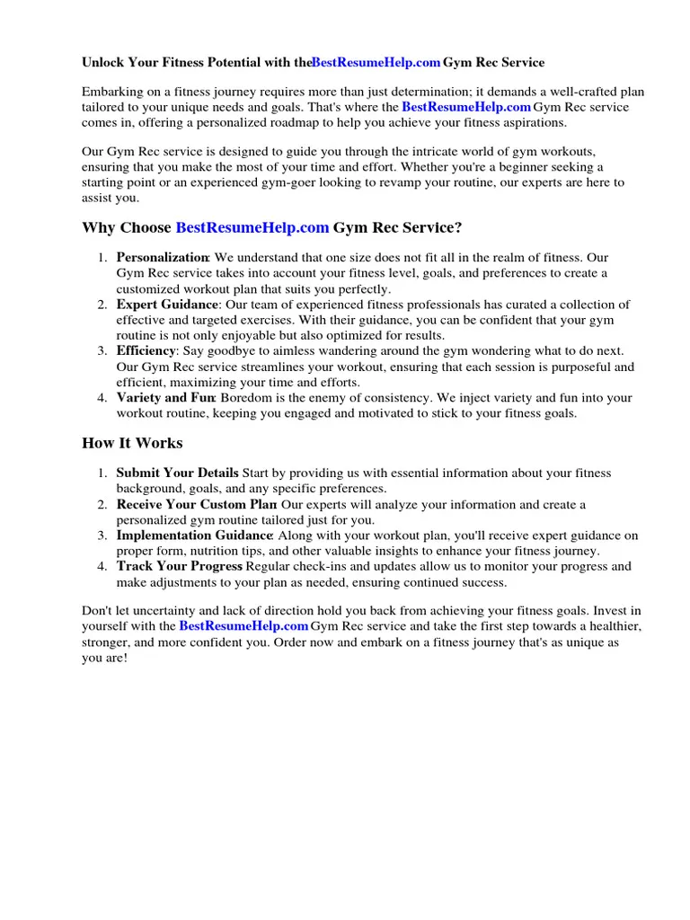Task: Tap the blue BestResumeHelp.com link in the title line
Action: pos(376,63)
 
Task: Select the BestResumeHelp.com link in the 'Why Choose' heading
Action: pos(252,228)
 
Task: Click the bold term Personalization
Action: pos(163,258)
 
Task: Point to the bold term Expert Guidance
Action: pos(167,305)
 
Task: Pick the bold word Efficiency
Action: pos(146,350)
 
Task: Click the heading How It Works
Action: pos(132,443)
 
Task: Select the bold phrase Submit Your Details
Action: pos(177,473)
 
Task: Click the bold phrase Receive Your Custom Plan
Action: pos(196,504)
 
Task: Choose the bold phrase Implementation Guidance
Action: pos(194,535)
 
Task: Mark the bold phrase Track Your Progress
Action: pos(179,566)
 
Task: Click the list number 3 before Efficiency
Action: pos(102,350)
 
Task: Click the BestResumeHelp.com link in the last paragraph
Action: pos(243,626)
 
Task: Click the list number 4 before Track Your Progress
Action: pos(102,566)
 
